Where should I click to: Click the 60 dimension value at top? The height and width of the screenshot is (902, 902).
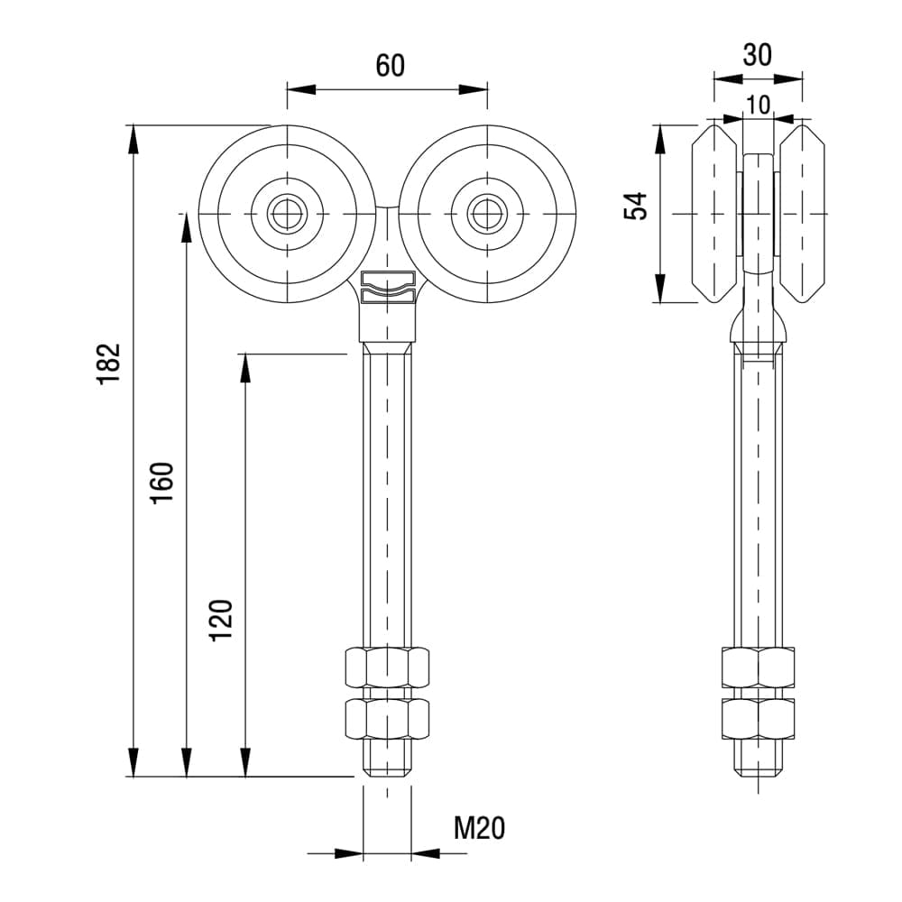click(391, 66)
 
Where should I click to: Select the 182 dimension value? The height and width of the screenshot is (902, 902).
click(109, 364)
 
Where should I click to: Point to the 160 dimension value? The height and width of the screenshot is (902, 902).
click(162, 483)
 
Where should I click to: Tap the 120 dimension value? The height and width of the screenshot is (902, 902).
click(222, 620)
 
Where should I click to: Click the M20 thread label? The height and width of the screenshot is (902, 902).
click(479, 827)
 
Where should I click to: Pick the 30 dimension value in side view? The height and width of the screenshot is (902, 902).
click(758, 55)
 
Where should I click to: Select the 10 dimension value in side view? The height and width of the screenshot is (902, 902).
click(759, 105)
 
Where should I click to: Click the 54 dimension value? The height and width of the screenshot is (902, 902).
click(638, 207)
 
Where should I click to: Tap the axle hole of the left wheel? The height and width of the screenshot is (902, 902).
click(287, 213)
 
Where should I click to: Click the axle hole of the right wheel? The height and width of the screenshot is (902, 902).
click(487, 213)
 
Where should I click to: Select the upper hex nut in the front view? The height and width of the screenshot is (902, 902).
click(387, 667)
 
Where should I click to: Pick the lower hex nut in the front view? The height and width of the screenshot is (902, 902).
click(387, 720)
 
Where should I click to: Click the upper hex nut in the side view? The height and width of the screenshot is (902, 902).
click(759, 667)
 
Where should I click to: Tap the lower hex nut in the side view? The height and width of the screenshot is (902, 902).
click(759, 720)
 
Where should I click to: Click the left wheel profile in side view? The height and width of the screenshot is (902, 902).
click(715, 213)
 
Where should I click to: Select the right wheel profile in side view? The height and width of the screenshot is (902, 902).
click(802, 213)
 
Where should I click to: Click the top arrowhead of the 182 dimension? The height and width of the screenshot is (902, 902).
click(133, 137)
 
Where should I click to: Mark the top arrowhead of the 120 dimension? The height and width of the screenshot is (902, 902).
click(245, 366)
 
